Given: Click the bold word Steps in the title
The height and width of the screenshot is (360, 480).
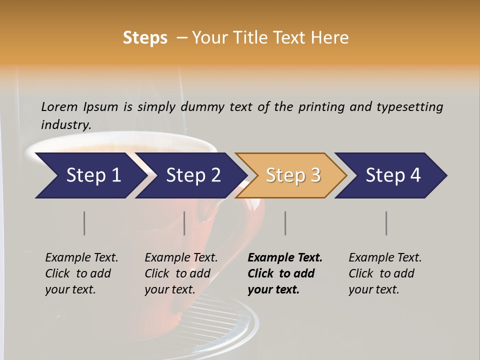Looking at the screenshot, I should [145, 38].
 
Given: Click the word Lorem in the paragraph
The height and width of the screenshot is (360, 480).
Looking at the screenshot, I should [59, 106].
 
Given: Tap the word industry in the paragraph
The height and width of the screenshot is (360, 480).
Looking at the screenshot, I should [66, 124].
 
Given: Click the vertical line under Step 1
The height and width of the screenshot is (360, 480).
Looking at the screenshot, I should [84, 223].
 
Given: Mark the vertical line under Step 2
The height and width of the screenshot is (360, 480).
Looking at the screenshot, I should [184, 223].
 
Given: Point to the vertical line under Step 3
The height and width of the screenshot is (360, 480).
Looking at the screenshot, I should [285, 223].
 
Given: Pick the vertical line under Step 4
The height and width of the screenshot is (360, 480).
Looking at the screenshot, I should [386, 223].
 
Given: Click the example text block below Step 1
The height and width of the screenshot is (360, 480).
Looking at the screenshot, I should [81, 273].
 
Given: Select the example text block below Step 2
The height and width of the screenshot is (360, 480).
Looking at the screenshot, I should [181, 273].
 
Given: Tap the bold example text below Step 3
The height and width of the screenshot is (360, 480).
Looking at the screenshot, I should [285, 273].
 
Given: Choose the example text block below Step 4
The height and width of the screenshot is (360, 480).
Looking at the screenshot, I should [385, 273].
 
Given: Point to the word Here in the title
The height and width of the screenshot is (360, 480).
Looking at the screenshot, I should [331, 38].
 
